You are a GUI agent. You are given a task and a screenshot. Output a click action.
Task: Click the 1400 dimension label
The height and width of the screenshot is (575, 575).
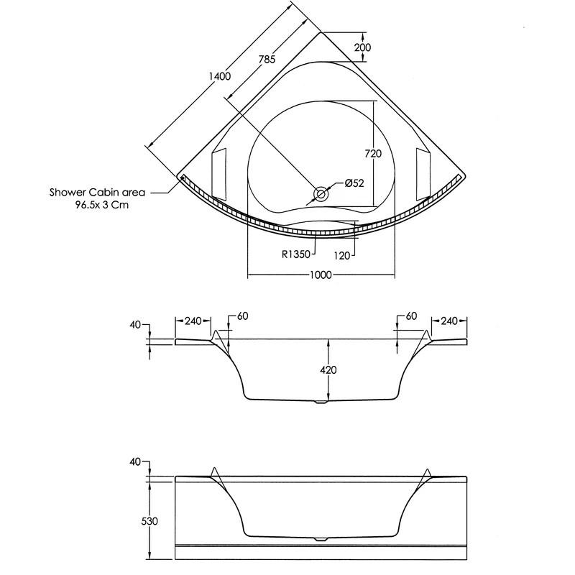[x=220, y=77]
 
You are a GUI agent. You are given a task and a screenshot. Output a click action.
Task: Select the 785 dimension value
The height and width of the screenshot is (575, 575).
[x=267, y=60]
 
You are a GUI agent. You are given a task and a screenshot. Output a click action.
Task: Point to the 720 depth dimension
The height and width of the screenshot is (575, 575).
[x=372, y=154]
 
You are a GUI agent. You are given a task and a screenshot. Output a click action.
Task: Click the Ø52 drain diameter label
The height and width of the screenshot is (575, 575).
[x=354, y=183]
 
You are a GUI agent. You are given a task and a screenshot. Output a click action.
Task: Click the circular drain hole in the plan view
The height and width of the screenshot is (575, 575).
[x=321, y=193]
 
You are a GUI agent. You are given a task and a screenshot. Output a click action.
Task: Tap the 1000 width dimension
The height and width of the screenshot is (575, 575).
[x=321, y=275]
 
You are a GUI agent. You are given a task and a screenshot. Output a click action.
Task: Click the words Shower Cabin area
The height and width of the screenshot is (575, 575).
[x=97, y=193]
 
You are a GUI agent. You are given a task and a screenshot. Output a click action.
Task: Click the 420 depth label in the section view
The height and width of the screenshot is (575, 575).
[x=329, y=369]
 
